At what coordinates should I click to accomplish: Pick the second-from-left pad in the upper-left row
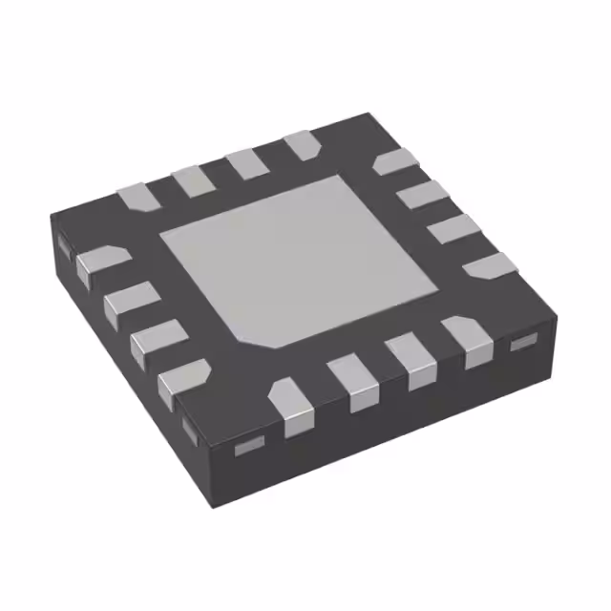tap(193, 179)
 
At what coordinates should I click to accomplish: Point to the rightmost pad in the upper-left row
tap(303, 145)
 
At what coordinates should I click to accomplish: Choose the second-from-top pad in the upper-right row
tap(421, 197)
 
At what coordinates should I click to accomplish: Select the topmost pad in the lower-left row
tap(99, 262)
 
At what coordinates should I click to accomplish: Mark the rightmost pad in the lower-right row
tap(466, 340)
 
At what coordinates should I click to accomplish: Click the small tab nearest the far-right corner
tap(522, 343)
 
